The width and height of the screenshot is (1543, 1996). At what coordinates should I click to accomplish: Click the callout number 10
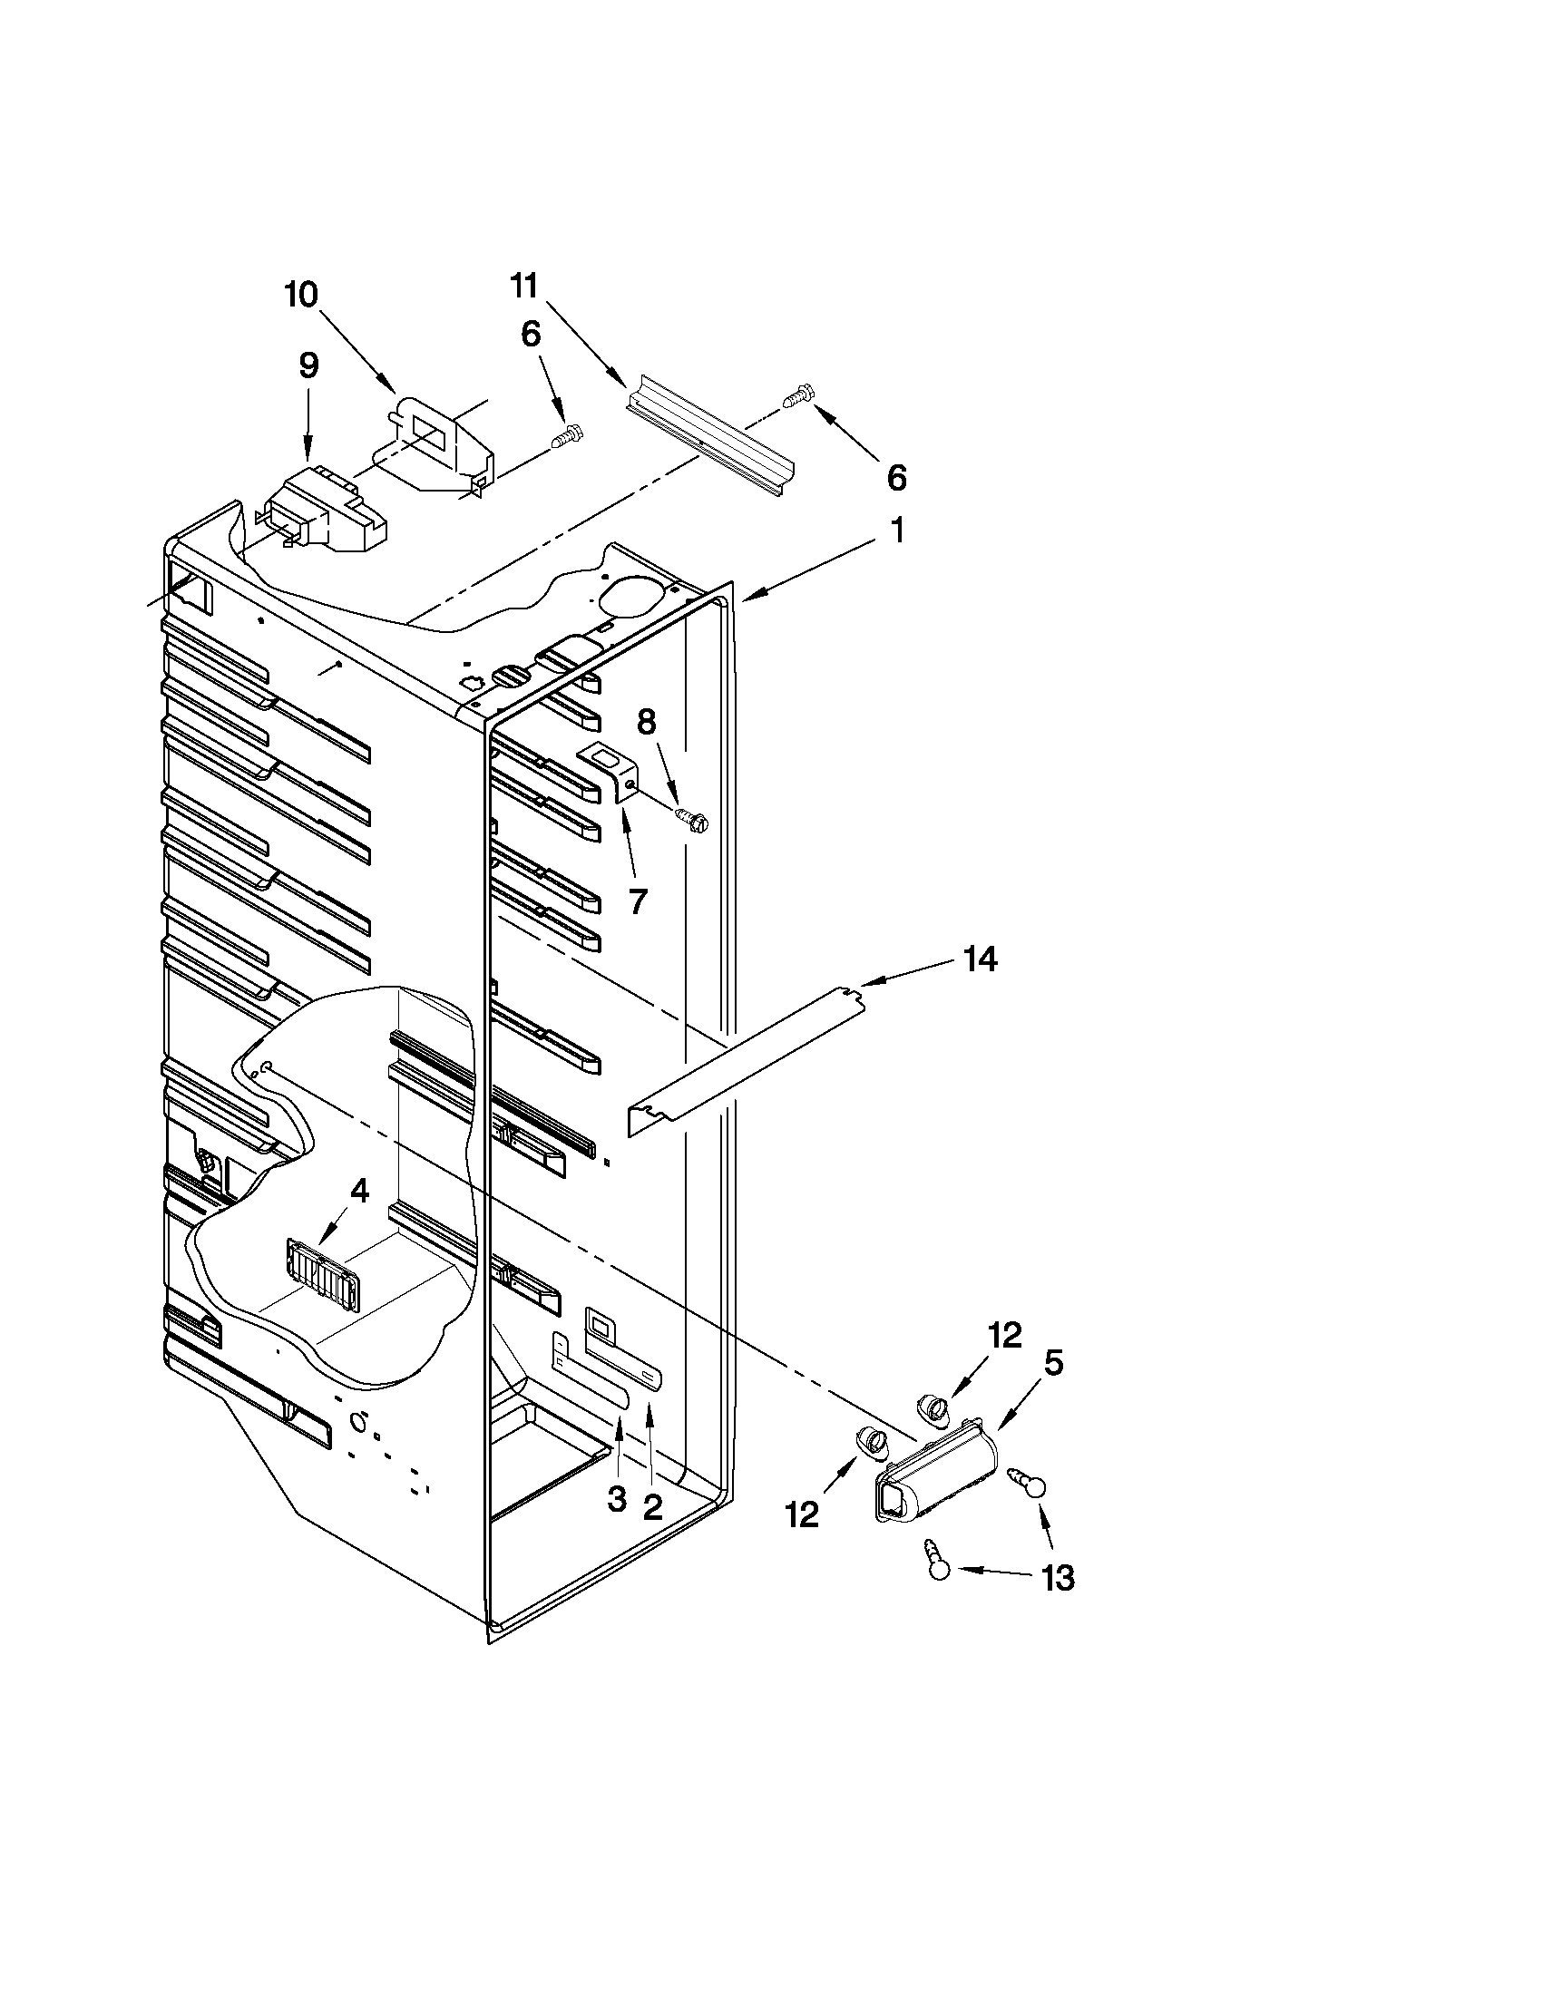point(301,295)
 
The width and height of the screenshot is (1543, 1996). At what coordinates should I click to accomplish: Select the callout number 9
point(309,365)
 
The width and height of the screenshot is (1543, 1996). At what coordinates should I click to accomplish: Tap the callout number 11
point(522,285)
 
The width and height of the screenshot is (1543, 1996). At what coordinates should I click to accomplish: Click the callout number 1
point(898,531)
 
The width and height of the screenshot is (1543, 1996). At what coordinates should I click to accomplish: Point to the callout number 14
point(979,959)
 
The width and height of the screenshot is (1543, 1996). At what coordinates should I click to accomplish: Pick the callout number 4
point(359,1190)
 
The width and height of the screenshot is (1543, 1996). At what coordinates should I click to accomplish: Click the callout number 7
point(637,901)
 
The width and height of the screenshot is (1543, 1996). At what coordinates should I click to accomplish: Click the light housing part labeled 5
point(928,1472)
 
